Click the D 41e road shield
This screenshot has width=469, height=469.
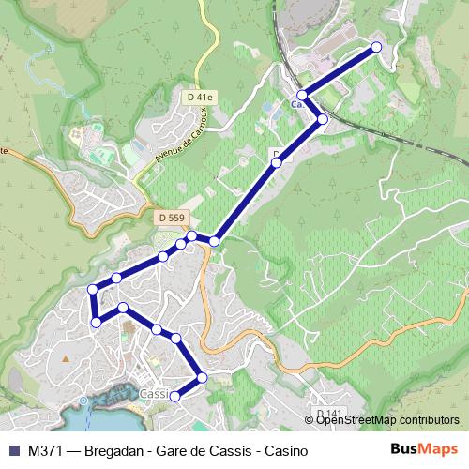[200, 97]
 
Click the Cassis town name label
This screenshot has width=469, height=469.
[153, 395]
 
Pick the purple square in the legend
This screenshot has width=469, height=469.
[13, 450]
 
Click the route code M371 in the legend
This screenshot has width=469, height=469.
[46, 450]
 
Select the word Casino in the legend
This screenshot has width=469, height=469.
[287, 450]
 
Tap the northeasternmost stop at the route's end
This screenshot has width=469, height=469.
[377, 47]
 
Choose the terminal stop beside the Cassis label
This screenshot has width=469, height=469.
[174, 395]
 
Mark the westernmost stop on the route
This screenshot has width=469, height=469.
[92, 289]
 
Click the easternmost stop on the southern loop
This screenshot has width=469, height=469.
[203, 378]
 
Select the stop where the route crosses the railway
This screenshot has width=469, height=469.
[323, 119]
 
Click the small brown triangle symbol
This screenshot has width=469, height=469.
[65, 357]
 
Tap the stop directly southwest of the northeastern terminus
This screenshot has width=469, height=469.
[302, 96]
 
